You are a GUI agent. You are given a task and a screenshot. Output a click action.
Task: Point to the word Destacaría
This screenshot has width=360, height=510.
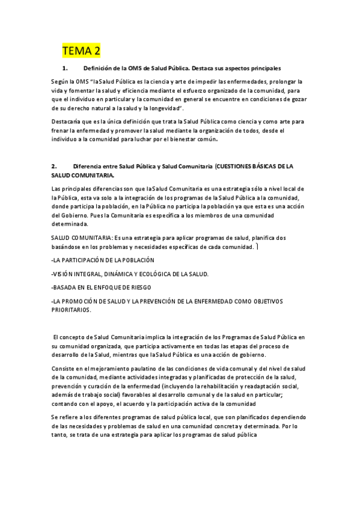coord(69,121)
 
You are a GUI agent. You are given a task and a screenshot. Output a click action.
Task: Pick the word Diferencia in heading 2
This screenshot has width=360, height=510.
coord(89,166)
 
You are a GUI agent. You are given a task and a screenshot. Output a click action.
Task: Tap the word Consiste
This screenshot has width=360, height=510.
coord(64,373)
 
